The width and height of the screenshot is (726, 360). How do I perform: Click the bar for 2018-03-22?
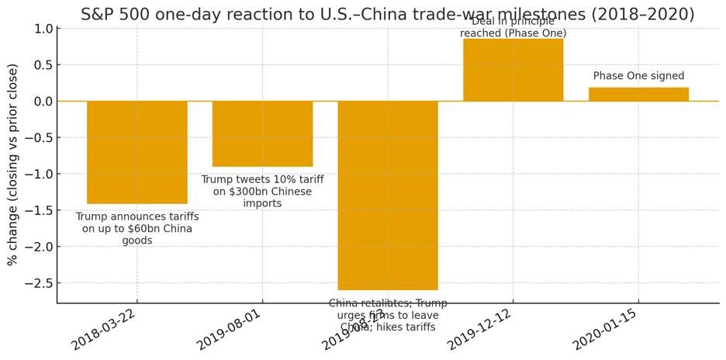[137, 152]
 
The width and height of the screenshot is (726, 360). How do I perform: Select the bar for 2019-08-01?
[262, 133]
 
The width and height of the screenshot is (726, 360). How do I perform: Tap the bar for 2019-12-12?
[513, 70]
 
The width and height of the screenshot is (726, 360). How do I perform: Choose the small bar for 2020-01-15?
[638, 94]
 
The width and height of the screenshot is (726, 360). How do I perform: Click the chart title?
[388, 14]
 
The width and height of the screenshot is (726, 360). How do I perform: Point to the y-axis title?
[12, 164]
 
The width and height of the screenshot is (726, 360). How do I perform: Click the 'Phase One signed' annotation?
[638, 76]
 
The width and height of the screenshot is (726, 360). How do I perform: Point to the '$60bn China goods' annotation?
[137, 229]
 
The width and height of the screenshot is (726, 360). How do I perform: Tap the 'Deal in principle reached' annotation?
[513, 28]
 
